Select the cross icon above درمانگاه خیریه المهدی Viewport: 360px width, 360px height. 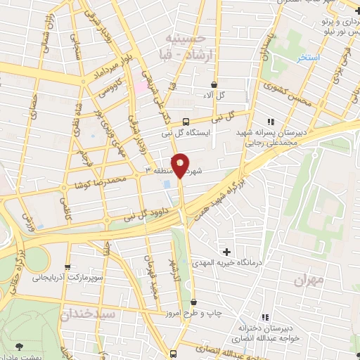[226, 251]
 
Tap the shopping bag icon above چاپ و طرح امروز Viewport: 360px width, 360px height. [203, 302]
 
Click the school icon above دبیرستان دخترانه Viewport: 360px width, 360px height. [264, 318]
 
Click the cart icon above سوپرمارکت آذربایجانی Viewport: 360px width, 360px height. [67, 266]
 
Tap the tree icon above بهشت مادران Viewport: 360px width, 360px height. [18, 346]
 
